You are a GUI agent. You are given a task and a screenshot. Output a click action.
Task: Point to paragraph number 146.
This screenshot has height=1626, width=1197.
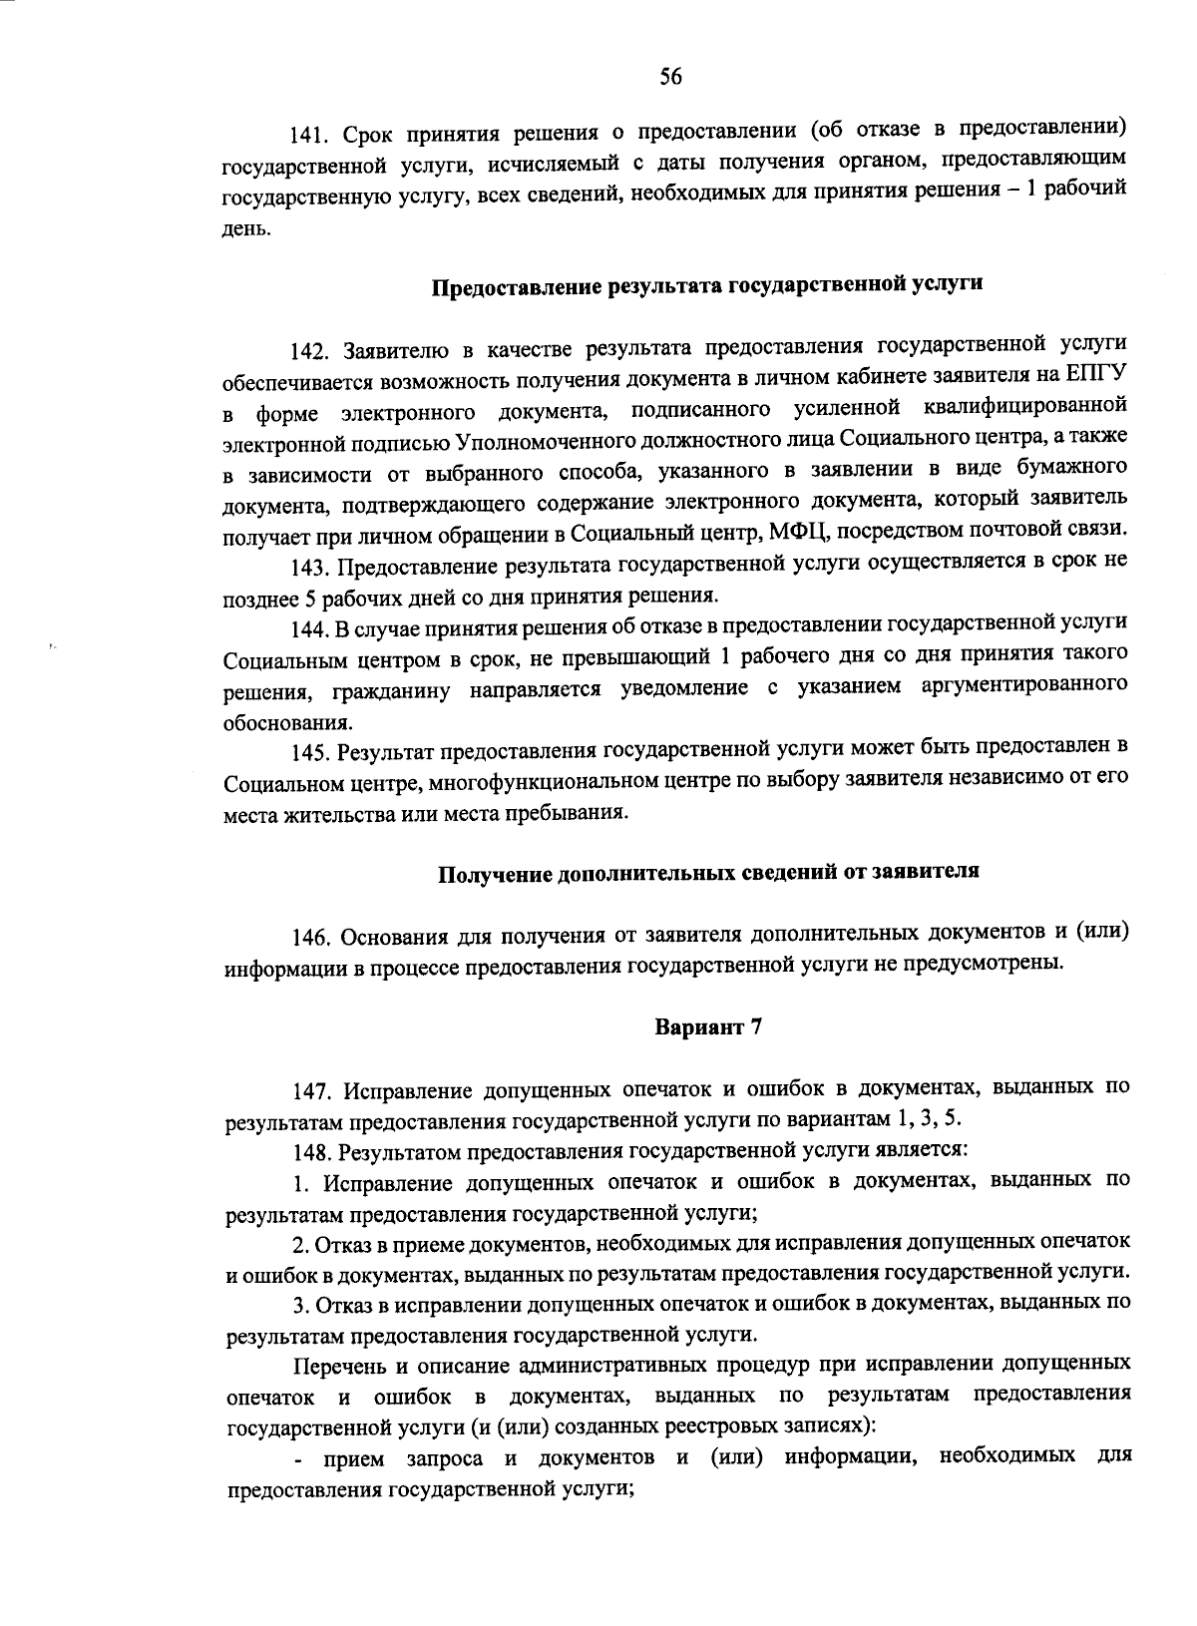point(310,938)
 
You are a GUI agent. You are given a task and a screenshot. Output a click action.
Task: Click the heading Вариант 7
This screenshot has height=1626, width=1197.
point(708,1026)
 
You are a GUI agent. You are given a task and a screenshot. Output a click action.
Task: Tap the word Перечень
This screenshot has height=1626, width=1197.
point(340,1365)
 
